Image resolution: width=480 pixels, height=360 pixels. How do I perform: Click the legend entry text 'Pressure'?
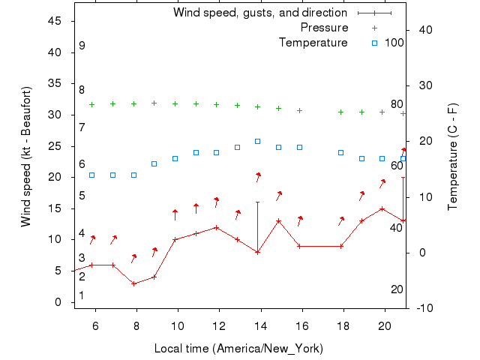click(x=324, y=28)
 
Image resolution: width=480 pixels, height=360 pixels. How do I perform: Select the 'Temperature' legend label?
click(x=313, y=43)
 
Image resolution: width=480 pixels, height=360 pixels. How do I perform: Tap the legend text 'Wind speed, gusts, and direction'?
click(x=260, y=13)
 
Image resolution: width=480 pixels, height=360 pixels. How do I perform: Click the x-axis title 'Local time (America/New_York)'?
click(x=238, y=349)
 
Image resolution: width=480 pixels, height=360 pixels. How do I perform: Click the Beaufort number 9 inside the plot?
click(x=82, y=46)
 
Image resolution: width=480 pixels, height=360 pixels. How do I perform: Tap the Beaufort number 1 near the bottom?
click(x=82, y=295)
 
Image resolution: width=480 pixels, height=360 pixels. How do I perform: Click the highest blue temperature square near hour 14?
click(x=257, y=141)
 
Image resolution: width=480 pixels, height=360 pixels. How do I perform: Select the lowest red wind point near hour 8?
click(x=133, y=283)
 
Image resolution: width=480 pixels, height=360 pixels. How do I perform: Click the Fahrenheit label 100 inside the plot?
click(x=394, y=43)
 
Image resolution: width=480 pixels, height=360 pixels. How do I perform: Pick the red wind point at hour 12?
click(x=216, y=227)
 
